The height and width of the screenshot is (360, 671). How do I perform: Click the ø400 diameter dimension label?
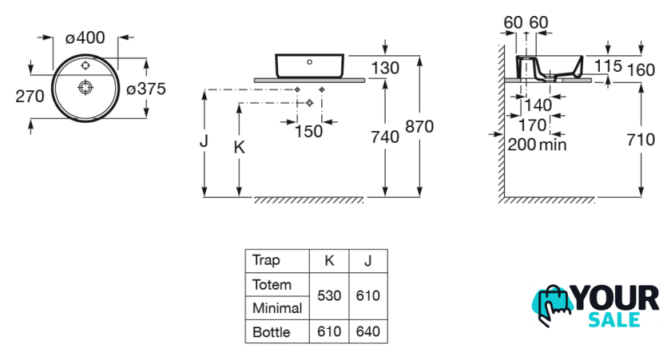(85, 37)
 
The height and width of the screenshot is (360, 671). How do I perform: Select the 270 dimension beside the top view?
(30, 96)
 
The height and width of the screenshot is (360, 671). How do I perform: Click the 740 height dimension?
(385, 137)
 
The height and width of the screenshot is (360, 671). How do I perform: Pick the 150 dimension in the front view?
(308, 131)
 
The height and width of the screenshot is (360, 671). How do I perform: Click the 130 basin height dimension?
(385, 68)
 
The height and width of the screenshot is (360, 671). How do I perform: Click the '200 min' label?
(537, 144)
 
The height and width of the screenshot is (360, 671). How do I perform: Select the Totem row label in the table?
(272, 284)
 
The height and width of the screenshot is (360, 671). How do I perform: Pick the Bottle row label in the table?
(271, 331)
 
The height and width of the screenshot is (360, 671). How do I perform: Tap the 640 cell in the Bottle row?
(367, 331)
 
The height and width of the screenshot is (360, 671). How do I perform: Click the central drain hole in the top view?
(85, 85)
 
